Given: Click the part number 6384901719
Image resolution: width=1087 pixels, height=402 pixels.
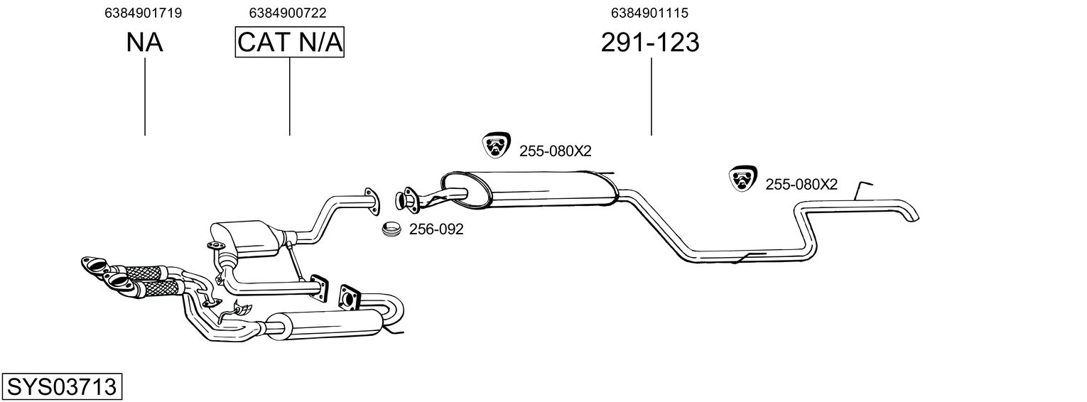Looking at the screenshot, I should [143, 13].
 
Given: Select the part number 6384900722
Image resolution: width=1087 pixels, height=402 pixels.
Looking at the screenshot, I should [288, 13].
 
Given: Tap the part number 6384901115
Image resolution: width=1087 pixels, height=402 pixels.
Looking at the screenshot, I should [649, 13].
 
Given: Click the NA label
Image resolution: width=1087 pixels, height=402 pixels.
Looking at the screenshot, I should [145, 43].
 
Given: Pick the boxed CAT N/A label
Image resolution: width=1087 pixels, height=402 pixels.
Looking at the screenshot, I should [290, 43].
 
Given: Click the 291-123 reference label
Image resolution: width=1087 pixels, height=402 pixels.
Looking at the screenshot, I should [650, 43].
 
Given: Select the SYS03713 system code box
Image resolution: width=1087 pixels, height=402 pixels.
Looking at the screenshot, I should [62, 387].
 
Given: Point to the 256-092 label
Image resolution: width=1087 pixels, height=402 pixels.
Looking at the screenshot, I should [436, 229].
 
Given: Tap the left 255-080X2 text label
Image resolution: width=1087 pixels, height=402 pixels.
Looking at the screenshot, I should [555, 151].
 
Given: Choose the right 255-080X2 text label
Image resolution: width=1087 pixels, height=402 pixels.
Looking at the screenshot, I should [801, 185].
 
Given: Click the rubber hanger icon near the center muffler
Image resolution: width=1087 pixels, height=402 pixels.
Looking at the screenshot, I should [496, 146].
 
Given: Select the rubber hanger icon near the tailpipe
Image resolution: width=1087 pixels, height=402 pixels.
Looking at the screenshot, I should [742, 179].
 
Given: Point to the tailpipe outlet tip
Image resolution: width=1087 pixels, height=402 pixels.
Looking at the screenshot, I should [912, 215].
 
